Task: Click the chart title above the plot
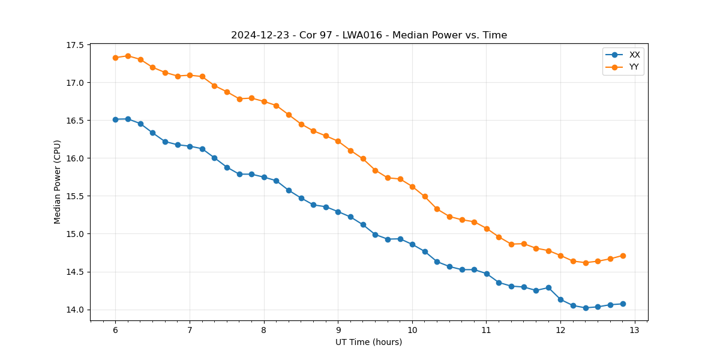point(369,35)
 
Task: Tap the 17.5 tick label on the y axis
point(76,45)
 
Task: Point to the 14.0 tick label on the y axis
point(76,310)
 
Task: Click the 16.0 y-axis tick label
point(76,158)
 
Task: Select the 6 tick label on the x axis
point(115,330)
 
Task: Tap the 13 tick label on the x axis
point(635,330)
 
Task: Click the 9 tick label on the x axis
point(338,330)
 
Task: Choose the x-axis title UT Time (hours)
point(368,342)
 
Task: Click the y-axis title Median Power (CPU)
point(58,182)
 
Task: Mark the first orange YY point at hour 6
point(115,58)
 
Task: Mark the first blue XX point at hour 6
point(115,119)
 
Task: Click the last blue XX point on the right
point(623,304)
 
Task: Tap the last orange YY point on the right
point(623,256)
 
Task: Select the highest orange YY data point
point(128,56)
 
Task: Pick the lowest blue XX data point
point(586,308)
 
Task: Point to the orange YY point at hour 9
point(338,141)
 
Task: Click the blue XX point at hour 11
point(487,274)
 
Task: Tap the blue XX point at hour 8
point(264,177)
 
